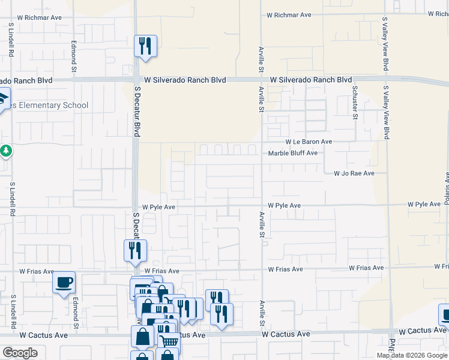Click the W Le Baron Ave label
[309, 142]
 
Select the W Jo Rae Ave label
[354, 173]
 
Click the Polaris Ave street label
[447, 188]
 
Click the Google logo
[20, 353]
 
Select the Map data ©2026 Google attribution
[412, 355]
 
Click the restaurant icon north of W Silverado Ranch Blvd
[145, 46]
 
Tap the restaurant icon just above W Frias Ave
[135, 250]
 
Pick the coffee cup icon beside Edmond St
[64, 282]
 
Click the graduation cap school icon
[3, 97]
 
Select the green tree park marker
[5, 151]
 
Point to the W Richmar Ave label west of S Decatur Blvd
[40, 17]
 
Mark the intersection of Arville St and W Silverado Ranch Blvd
[262, 79]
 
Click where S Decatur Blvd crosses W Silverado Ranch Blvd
[136, 80]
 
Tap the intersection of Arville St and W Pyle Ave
[262, 205]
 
